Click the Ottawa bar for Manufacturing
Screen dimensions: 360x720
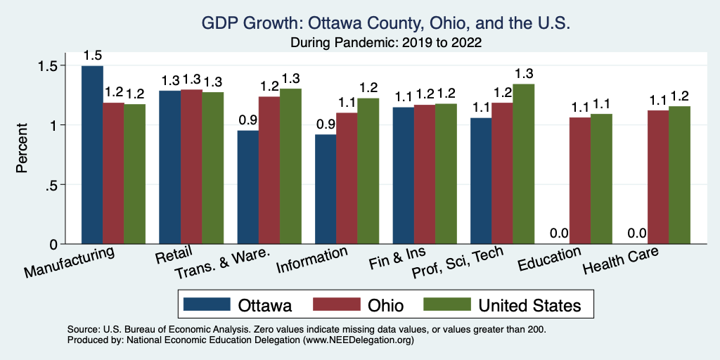(92, 155)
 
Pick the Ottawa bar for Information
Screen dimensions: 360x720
(326, 189)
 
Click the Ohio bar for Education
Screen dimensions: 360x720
(579, 181)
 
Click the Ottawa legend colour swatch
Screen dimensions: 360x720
(207, 304)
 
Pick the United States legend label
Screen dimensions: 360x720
(529, 305)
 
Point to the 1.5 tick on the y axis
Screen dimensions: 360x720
(53, 65)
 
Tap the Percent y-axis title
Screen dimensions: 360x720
(22, 149)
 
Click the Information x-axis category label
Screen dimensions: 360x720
(311, 260)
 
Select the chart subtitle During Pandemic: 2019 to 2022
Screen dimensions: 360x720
(386, 42)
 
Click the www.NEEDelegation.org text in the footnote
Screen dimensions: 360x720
(358, 340)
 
